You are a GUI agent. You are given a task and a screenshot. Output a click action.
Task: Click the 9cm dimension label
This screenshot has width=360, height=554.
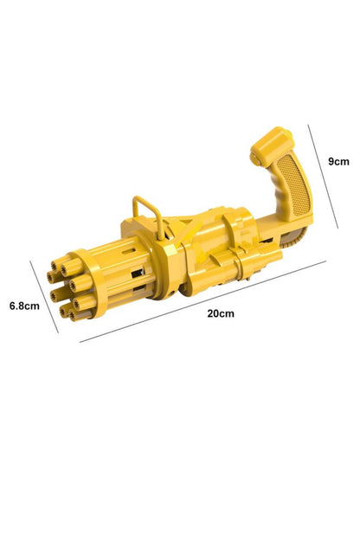(338, 162)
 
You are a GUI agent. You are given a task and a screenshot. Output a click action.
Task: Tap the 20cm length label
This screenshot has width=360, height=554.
(221, 313)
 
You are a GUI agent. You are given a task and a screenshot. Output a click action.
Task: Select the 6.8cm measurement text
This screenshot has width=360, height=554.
(24, 306)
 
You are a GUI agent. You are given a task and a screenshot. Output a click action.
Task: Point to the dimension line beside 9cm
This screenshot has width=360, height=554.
(323, 177)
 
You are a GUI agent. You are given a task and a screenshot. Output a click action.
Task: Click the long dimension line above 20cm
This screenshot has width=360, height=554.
(202, 301)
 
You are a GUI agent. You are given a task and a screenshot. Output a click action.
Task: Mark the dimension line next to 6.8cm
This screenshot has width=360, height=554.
(44, 297)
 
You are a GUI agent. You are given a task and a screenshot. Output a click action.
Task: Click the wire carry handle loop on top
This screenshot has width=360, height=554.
(148, 216)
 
